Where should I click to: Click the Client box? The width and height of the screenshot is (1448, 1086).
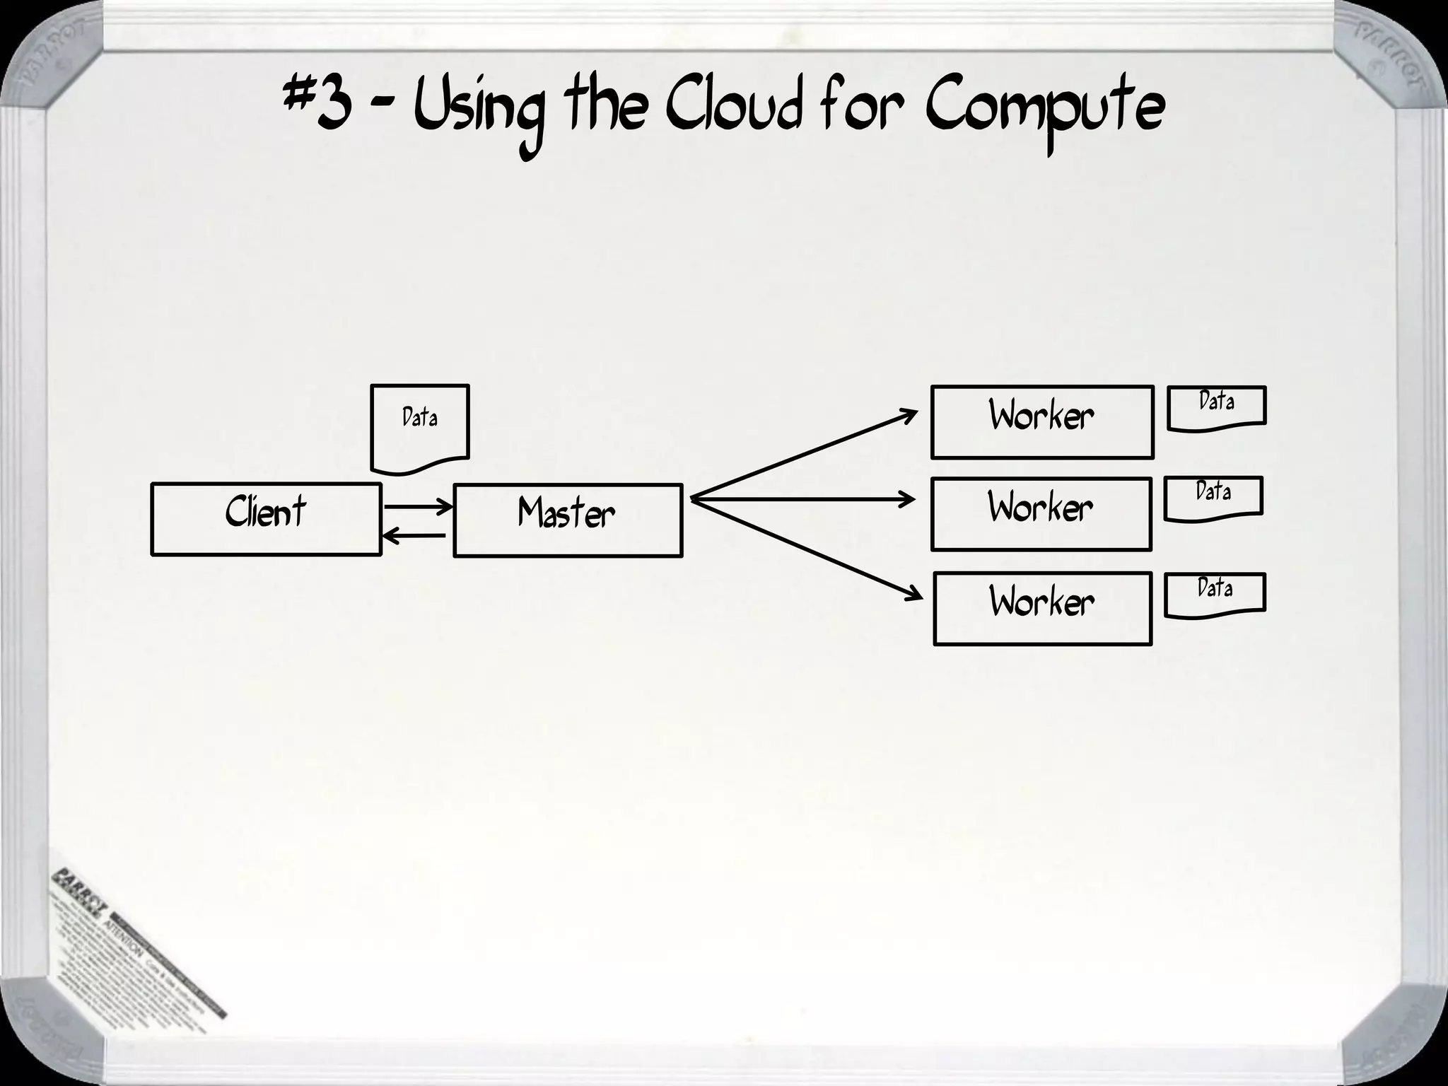[x=266, y=519]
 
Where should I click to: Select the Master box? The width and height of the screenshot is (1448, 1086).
[x=567, y=520]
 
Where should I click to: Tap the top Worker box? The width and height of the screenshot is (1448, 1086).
[x=1041, y=422]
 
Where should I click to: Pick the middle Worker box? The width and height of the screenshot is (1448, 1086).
[x=1041, y=514]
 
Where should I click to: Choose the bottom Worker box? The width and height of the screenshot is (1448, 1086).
[x=1042, y=608]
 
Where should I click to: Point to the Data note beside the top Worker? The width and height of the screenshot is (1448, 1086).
[x=1216, y=407]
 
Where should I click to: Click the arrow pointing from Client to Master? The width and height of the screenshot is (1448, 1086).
[x=417, y=506]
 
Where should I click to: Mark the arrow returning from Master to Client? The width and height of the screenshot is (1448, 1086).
[x=414, y=537]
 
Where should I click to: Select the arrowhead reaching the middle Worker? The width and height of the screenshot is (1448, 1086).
[x=907, y=500]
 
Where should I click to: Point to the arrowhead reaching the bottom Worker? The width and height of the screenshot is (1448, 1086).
[x=913, y=593]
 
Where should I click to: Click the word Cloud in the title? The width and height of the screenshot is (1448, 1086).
[x=735, y=110]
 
